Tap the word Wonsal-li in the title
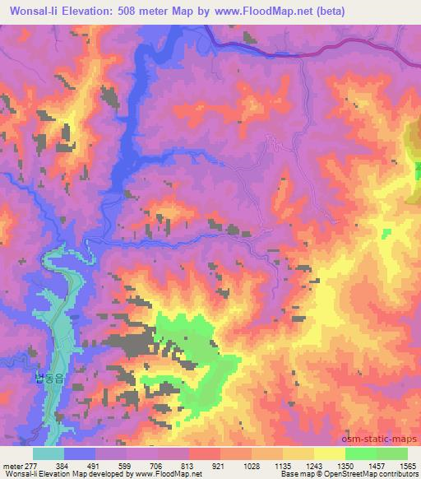(x=32, y=11)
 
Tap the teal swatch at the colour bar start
(x=49, y=453)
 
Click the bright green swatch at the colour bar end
(x=391, y=453)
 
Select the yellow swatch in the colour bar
(x=329, y=453)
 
